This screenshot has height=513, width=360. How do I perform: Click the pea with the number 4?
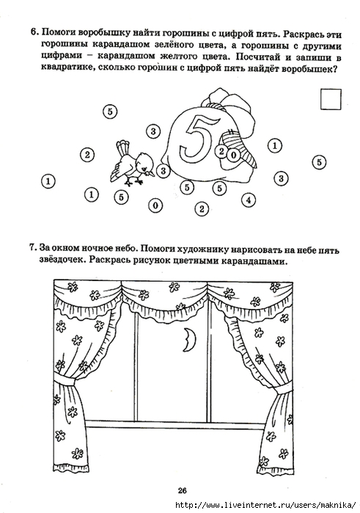[249, 200]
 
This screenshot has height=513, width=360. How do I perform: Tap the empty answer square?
[331, 99]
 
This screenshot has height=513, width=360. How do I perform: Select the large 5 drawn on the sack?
[199, 137]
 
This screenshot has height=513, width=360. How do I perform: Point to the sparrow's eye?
[143, 161]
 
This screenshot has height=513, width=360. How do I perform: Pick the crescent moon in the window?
[188, 340]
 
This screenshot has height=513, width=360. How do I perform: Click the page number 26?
[182, 490]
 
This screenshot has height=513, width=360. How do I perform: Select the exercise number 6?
[34, 32]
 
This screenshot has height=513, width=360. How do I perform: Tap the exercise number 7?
[33, 247]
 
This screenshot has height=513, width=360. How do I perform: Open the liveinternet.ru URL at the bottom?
[265, 505]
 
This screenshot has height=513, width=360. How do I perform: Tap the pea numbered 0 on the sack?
[233, 155]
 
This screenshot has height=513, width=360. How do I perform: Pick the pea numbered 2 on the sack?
[221, 151]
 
